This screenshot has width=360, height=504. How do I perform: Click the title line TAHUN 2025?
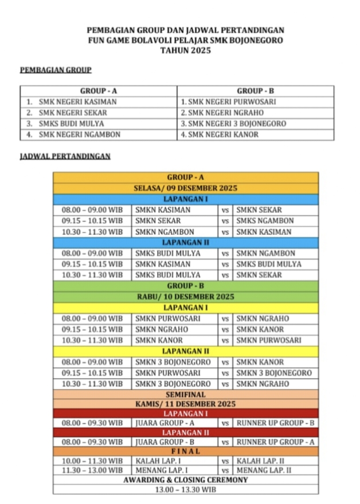(x=185, y=50)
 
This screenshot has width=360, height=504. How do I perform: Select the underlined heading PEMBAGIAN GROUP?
(x=56, y=70)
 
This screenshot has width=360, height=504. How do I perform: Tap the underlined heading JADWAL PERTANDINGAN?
(x=65, y=156)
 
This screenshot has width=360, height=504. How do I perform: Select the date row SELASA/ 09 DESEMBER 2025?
(x=185, y=188)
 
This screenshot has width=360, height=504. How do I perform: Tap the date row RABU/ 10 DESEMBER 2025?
(x=185, y=297)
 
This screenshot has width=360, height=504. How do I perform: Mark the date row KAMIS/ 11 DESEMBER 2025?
(x=185, y=404)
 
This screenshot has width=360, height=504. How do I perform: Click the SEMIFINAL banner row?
(x=185, y=395)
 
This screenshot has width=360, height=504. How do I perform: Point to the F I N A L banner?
(x=185, y=451)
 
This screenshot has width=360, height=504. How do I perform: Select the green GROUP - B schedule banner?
(x=185, y=286)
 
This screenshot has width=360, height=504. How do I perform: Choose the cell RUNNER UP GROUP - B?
(x=276, y=423)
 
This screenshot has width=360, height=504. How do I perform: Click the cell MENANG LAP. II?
(x=264, y=470)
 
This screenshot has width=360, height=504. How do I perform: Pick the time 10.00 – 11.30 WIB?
(x=92, y=460)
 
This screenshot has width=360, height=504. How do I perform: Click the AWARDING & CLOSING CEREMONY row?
(x=185, y=479)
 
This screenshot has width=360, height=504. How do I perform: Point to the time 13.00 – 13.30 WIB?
(x=185, y=490)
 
